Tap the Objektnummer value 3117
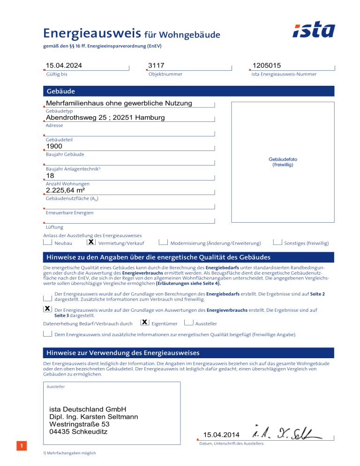coord(156,66)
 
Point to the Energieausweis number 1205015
coord(266,66)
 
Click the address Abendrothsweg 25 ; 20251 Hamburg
coord(105,118)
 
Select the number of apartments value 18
coord(50,176)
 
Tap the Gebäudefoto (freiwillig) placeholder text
coord(283,162)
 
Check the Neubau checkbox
coord(47,242)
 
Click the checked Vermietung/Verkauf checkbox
coord(91,242)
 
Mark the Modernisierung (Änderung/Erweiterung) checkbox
coord(163,242)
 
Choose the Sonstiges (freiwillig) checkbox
coord(277,242)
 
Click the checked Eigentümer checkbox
coord(145,323)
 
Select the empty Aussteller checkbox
coord(189,323)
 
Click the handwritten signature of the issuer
coord(286,434)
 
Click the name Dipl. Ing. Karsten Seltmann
coord(93,416)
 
